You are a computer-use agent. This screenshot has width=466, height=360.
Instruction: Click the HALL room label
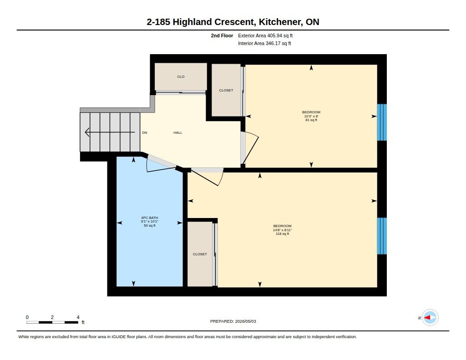[178, 132]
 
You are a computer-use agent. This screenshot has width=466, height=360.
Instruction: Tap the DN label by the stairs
[144, 132]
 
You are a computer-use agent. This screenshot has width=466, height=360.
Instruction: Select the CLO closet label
[181, 77]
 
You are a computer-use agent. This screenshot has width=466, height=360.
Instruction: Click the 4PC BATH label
[149, 218]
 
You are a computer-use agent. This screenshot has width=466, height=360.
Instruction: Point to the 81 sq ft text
[311, 120]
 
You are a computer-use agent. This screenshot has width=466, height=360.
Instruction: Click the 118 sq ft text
[282, 233]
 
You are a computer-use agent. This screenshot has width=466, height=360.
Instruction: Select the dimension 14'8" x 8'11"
[282, 230]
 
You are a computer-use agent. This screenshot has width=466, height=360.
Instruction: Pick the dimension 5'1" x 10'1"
[149, 222]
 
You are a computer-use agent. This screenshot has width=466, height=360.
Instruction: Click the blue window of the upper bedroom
[382, 122]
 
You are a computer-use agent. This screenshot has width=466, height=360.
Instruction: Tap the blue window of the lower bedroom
[382, 236]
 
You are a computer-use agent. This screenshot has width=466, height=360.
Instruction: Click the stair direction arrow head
[87, 132]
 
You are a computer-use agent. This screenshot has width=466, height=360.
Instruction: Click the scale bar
[52, 322]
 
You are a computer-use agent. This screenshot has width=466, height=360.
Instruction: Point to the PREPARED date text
[233, 321]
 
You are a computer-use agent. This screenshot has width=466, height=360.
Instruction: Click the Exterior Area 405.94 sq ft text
[265, 35]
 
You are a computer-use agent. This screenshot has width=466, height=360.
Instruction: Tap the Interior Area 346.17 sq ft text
[264, 43]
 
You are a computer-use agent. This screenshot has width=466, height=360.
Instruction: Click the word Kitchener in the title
[279, 22]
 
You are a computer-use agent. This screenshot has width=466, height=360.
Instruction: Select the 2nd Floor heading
[222, 35]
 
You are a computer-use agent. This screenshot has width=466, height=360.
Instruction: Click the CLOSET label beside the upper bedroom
[226, 91]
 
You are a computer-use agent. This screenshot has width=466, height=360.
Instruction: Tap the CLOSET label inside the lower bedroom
[200, 254]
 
